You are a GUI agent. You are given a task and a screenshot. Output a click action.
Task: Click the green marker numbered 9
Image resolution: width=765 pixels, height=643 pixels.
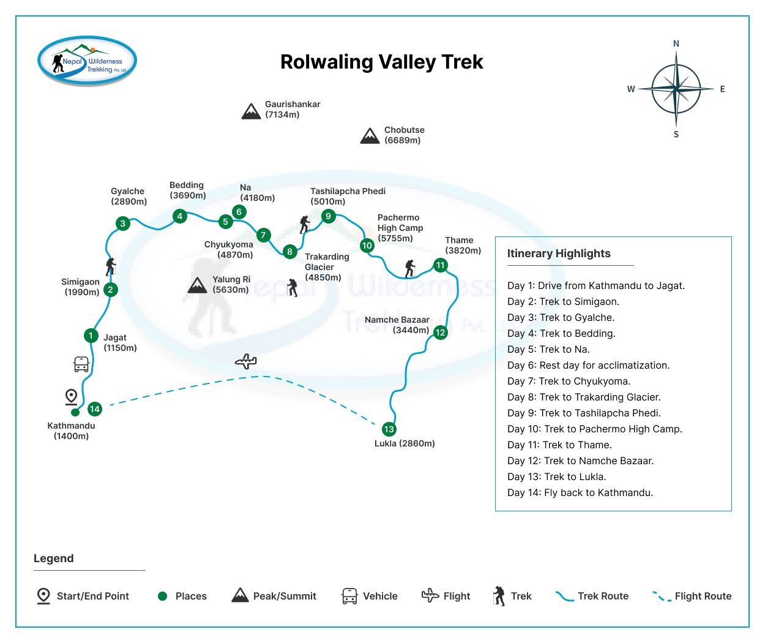pos(329,216)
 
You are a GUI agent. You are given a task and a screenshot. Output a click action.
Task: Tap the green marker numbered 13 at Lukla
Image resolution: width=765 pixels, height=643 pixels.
pos(389,429)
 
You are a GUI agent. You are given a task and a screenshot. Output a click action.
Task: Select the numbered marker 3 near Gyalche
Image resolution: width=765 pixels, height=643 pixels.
pos(123,224)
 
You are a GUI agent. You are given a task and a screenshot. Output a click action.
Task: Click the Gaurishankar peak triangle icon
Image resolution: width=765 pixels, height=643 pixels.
pos(251,111)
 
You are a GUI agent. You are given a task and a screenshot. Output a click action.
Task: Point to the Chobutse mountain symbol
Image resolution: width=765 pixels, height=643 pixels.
pos(370,136)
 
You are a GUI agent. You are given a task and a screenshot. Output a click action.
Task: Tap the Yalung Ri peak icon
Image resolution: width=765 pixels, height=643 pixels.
pos(197,285)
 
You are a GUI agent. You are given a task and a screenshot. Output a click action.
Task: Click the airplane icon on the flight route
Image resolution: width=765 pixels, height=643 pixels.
pos(246,361)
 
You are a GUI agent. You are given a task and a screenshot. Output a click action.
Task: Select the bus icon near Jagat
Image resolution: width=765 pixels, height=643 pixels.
pos(81,364)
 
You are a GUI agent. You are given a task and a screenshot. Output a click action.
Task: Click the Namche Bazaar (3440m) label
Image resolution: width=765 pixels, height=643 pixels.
pos(397,325)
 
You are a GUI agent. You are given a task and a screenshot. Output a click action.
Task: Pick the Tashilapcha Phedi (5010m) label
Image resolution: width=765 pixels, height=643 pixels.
pos(347,196)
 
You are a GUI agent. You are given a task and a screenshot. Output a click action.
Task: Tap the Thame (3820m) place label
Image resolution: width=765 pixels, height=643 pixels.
pos(463,245)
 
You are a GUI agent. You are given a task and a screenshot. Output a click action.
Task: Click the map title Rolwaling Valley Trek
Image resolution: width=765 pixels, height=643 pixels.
pos(381,62)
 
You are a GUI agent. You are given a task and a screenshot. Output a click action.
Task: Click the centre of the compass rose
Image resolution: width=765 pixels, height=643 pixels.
pos(676,89)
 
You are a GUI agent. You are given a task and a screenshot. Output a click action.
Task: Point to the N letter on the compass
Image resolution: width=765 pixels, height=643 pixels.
pos(676,43)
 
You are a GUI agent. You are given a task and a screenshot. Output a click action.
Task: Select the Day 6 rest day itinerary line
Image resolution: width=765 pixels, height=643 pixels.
pos(588,365)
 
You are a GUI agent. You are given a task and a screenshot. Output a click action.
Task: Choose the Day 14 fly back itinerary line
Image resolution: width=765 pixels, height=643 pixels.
pos(580,492)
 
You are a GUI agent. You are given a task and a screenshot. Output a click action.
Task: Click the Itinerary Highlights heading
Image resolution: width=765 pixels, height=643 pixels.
pos(559,254)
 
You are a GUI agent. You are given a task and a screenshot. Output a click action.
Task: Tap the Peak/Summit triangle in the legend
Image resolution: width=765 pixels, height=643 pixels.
pos(240,595)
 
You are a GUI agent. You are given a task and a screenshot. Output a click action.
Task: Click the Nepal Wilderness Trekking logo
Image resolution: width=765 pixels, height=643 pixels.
pos(87,61)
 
